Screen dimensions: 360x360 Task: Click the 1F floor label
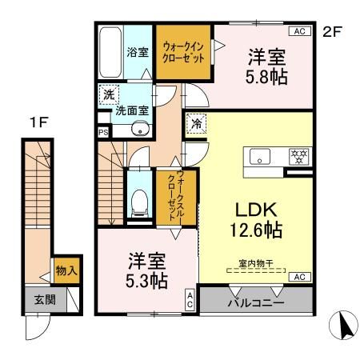(35, 123)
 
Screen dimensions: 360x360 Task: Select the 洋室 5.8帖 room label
(267, 68)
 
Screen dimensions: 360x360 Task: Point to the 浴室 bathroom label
(137, 54)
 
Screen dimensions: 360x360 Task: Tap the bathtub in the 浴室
(109, 53)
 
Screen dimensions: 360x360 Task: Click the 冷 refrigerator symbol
(195, 124)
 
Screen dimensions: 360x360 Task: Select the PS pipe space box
(103, 133)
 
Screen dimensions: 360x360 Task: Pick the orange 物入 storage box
(66, 271)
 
